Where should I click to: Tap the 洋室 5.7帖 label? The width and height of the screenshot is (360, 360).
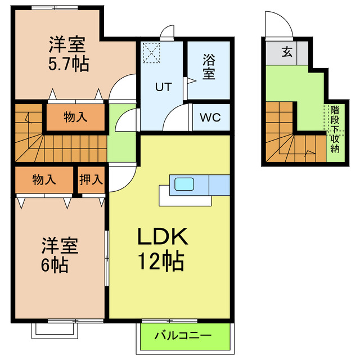68,53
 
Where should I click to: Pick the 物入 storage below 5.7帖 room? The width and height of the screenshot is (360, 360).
75,117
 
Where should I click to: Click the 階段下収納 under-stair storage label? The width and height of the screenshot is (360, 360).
335,129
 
